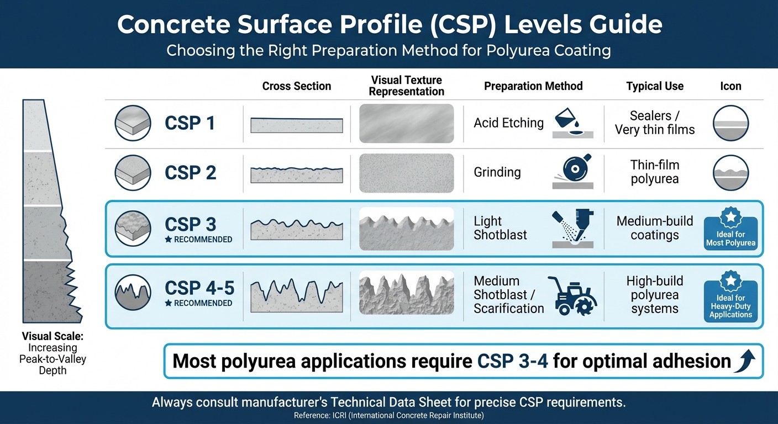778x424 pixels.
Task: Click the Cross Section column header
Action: (x=297, y=86)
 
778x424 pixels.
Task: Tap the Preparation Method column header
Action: (x=533, y=86)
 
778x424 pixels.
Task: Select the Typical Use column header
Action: (x=655, y=86)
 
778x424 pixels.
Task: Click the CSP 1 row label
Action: (x=190, y=123)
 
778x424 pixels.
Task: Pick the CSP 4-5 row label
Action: (x=199, y=288)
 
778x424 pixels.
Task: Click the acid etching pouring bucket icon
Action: (x=572, y=123)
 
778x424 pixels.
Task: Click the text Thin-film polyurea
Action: (x=655, y=172)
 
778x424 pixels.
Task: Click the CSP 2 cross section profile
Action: (x=297, y=174)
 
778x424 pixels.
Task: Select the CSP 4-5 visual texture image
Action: (x=406, y=293)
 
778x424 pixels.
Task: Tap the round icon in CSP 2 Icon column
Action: (x=730, y=173)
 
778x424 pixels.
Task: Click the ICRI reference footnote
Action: (x=389, y=415)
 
